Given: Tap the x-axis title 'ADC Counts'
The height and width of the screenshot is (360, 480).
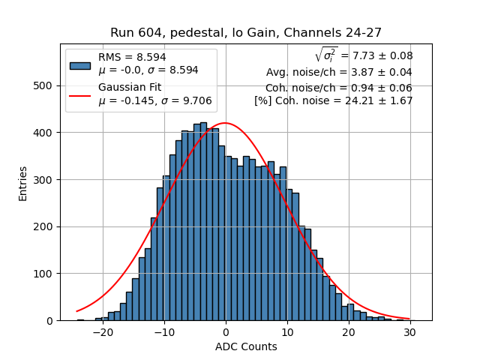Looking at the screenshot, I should [x=246, y=346].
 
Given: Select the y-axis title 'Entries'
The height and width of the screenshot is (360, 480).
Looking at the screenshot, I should [x=23, y=182].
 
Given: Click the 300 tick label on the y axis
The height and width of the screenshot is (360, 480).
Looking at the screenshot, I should [x=46, y=180].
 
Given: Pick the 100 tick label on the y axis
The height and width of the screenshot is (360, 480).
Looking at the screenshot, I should [x=46, y=274].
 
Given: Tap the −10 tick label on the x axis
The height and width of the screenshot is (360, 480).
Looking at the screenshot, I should [x=163, y=331].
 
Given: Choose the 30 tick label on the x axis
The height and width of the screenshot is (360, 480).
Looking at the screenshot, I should [x=409, y=331].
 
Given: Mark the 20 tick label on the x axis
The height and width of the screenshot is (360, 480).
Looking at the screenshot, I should [x=348, y=331].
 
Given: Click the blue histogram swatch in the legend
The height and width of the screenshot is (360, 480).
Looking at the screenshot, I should [x=80, y=64].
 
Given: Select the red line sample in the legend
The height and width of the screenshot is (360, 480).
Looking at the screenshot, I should [x=80, y=95].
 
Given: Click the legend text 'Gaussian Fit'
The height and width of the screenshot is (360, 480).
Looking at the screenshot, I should [x=130, y=88].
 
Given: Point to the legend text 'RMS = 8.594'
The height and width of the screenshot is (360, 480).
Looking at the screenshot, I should [x=132, y=57].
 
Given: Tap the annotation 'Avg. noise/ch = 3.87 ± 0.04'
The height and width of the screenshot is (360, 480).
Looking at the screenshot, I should [x=339, y=73].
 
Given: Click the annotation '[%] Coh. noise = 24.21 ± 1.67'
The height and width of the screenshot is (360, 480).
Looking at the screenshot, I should [x=334, y=100].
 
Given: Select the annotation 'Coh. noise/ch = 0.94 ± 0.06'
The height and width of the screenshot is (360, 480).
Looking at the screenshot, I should [x=339, y=87].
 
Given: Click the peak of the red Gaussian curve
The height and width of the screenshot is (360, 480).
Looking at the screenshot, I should [x=225, y=123].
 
